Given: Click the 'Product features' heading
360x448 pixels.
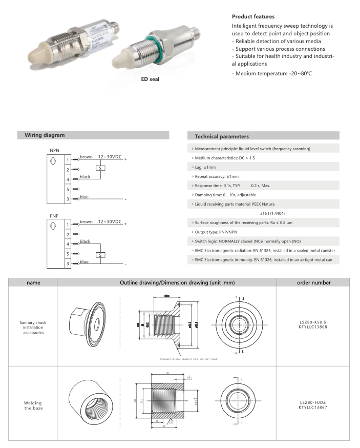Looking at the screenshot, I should click(249, 16).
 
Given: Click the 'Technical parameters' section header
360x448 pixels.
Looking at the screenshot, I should click(222, 137).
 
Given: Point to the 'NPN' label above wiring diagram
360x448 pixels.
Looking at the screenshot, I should click(54, 149).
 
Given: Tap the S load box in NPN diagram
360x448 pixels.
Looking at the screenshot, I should click(100, 168).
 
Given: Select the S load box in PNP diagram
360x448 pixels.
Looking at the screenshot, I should click(100, 255).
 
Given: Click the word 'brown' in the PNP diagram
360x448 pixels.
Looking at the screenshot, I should click(86, 222).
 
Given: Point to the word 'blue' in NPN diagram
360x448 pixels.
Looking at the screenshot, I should click(84, 197).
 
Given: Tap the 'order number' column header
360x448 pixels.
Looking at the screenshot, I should click(313, 282).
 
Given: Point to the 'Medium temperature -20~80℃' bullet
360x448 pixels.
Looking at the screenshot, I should click(272, 74).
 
